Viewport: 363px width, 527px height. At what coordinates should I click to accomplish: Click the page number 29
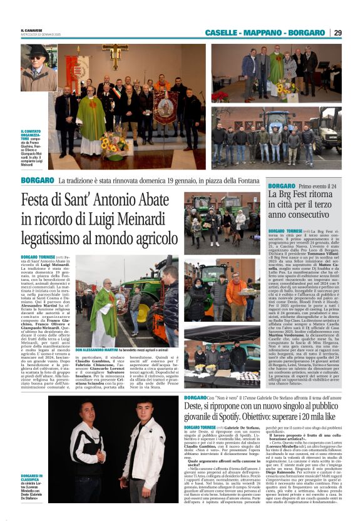pos(355,33)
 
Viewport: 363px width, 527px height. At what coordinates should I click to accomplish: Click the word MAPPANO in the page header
pos(263,33)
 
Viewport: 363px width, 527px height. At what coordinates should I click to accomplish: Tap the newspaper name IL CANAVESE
pos(31,29)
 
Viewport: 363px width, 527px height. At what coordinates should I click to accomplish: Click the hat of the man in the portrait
pos(38,50)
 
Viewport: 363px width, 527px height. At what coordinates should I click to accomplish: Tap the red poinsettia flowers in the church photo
pos(220,96)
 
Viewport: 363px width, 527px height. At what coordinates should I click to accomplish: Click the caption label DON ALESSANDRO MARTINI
pos(98,349)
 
